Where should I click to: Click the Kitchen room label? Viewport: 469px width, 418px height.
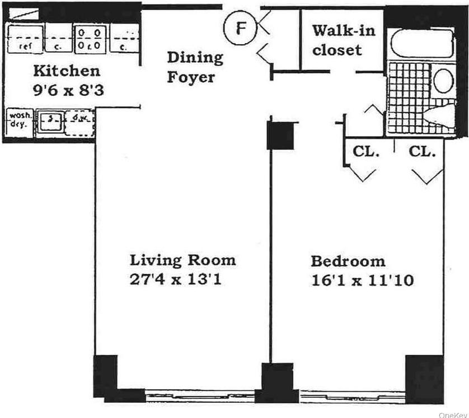pos(67,71)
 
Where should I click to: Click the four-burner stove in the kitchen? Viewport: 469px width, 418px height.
pos(90,38)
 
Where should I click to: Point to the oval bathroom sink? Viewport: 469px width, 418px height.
pos(444,81)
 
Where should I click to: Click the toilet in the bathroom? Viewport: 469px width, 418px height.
pos(442,115)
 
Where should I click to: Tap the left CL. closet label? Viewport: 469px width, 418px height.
pos(366,151)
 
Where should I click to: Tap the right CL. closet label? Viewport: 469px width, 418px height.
pos(422,151)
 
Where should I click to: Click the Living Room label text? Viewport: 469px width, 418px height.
pos(182,260)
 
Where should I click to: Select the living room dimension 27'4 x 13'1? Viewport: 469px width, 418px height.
pos(176,278)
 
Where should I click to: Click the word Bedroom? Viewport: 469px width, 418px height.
pos(348,261)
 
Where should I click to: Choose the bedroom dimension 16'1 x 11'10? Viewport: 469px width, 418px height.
pos(362,280)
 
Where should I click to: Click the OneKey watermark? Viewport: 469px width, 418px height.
pos(452,414)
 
